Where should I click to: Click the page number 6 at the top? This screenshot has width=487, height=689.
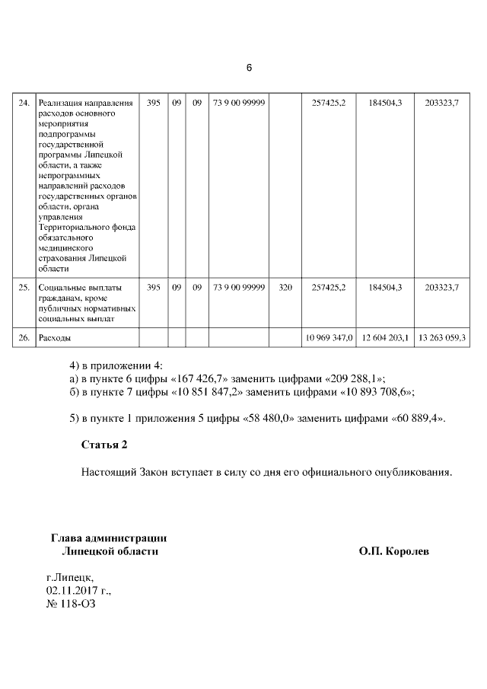pyautogui.click(x=248, y=68)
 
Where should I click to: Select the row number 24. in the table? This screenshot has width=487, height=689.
pyautogui.click(x=24, y=103)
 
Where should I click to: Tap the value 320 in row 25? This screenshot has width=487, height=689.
pyautogui.click(x=285, y=287)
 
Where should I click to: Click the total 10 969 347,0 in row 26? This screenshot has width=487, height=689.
pyautogui.click(x=329, y=337)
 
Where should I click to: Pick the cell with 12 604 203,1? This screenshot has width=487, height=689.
pyautogui.click(x=385, y=337)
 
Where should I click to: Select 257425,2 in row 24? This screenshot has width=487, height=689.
pyautogui.click(x=329, y=103)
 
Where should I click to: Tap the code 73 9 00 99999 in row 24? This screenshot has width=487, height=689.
pyautogui.click(x=239, y=103)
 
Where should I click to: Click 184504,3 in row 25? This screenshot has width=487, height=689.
pyautogui.click(x=385, y=287)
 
